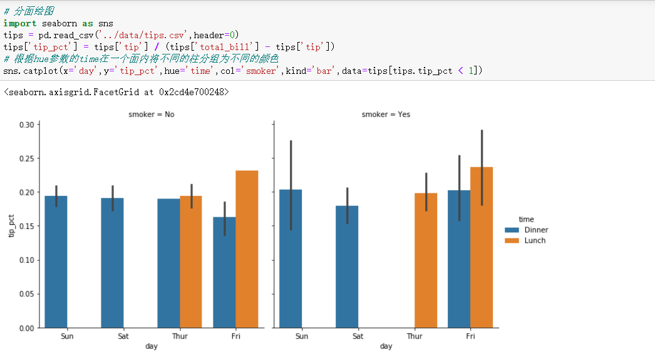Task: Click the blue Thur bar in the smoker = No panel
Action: [x=168, y=263]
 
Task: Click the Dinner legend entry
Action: [x=535, y=230]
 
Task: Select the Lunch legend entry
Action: [x=534, y=240]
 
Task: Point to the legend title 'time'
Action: [x=525, y=219]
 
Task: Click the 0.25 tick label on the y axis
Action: [x=26, y=158]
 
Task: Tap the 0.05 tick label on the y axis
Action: [x=26, y=294]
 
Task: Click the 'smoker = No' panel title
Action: [x=152, y=115]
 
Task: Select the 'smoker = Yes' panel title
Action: [x=386, y=115]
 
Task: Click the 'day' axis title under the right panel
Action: [x=386, y=346]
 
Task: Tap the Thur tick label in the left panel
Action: [x=179, y=336]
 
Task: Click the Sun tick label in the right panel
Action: [x=301, y=336]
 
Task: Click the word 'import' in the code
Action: [x=19, y=23]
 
